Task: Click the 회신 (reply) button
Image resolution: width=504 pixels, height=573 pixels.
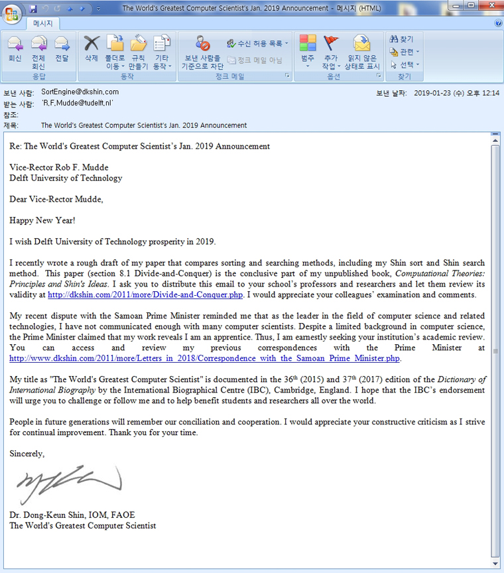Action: (15, 50)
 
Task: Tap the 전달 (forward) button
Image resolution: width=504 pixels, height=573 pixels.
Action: (62, 50)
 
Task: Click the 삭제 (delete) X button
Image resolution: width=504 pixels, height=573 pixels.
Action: (92, 50)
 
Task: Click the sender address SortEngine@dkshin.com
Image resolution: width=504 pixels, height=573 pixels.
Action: (80, 92)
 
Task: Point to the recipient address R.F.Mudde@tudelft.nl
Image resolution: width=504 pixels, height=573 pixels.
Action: (78, 103)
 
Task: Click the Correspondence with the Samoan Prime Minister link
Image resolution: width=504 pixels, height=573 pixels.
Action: (205, 358)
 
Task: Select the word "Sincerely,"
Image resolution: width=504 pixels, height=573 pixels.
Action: (27, 454)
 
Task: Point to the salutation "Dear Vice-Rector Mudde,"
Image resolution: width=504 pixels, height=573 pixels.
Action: (56, 199)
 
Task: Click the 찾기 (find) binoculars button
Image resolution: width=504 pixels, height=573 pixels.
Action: (402, 40)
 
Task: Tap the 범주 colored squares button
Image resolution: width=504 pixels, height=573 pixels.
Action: (308, 50)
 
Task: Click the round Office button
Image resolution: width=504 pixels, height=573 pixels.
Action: (12, 12)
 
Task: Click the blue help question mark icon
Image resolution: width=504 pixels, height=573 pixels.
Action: (498, 23)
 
